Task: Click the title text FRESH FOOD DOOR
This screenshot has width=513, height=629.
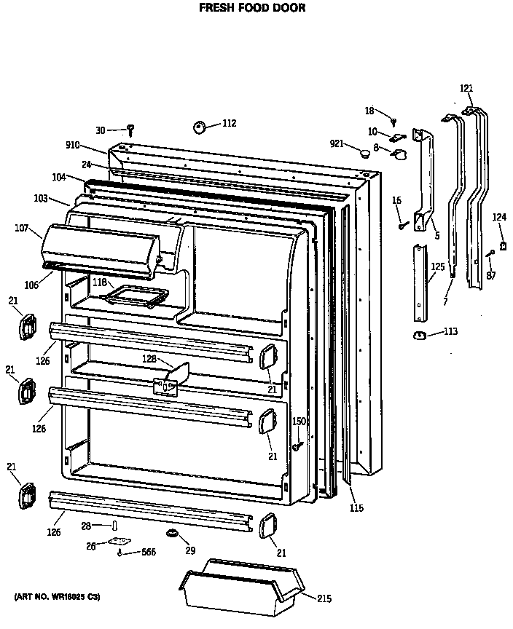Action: click(242, 9)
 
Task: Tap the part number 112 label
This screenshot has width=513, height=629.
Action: click(229, 124)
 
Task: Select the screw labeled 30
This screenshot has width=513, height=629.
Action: click(131, 130)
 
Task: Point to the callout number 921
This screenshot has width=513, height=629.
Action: click(337, 143)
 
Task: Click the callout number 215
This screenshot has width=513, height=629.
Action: click(324, 598)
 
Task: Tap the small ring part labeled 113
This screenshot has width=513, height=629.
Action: click(419, 334)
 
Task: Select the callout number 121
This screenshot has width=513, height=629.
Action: click(466, 89)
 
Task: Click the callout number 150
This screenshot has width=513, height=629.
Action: click(299, 422)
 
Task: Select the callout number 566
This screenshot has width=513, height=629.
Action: click(148, 553)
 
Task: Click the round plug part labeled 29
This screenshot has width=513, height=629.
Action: click(173, 535)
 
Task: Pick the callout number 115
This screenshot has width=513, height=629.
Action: click(356, 508)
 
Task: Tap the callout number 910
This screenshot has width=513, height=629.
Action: click(93, 146)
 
